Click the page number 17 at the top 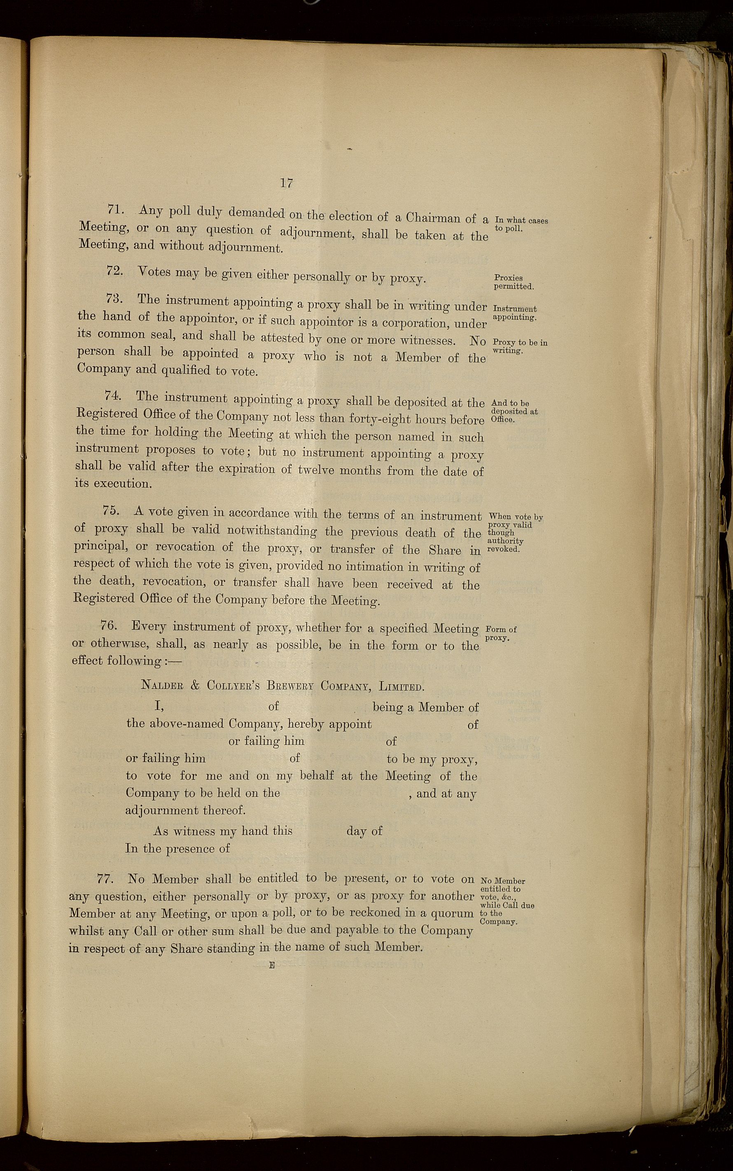(x=286, y=183)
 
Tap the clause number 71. (x=117, y=209)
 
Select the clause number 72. (x=114, y=271)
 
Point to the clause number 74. (x=112, y=395)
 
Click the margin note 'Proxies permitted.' (x=513, y=282)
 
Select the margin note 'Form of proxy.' (x=500, y=633)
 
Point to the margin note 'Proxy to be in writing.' (x=519, y=346)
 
